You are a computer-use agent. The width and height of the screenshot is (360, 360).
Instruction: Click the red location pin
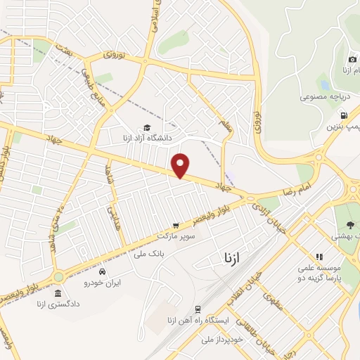click(x=181, y=166)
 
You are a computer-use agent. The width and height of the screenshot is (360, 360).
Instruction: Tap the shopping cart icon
click(x=195, y=226)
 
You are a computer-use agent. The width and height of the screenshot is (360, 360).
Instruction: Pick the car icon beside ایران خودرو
click(x=103, y=272)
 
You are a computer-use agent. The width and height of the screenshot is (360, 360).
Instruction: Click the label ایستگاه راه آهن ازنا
click(x=197, y=321)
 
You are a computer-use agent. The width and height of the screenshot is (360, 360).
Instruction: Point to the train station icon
click(x=198, y=309)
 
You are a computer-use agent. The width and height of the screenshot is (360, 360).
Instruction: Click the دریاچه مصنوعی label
click(x=323, y=96)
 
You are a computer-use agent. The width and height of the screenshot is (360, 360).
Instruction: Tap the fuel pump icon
click(x=343, y=116)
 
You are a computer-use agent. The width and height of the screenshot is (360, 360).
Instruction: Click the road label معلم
click(x=224, y=127)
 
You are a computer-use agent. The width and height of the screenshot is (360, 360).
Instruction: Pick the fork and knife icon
click(x=319, y=257)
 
